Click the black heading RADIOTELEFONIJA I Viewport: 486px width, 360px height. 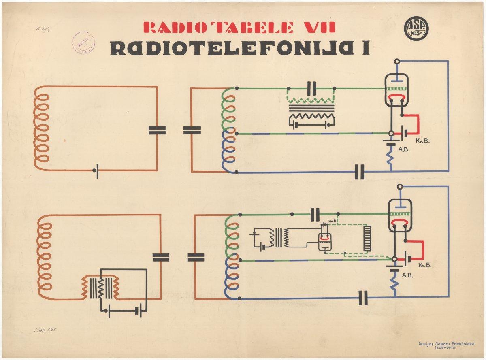239,48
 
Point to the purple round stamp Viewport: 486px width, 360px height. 83,43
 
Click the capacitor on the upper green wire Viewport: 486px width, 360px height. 311,88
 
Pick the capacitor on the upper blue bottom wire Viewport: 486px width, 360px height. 359,172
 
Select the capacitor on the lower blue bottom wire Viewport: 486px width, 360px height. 363,298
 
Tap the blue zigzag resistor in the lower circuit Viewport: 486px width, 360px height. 393,282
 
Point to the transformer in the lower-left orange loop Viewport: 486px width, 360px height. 100,287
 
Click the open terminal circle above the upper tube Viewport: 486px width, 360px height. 397,62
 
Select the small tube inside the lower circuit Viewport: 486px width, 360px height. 325,243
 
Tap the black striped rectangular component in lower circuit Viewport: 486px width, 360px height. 367,239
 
